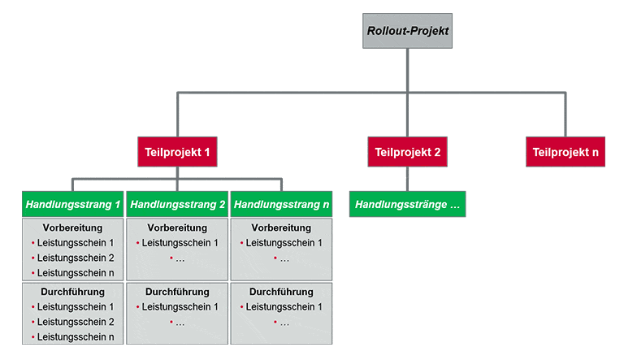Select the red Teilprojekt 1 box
point(178,151)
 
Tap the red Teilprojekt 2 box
point(407,151)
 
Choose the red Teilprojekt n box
point(565,151)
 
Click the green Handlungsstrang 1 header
point(73,205)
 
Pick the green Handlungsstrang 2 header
point(177,205)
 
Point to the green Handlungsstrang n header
point(281,205)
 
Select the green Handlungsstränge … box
point(408,205)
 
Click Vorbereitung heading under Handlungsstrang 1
point(73,228)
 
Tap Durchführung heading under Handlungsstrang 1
point(73,292)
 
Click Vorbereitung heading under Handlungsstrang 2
point(177,228)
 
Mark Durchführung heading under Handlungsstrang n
point(281,292)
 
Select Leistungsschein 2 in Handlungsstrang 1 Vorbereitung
point(76,258)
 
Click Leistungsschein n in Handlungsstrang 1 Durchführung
point(76,336)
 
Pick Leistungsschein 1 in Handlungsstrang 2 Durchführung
point(180,306)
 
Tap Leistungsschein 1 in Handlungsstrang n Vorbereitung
point(284,243)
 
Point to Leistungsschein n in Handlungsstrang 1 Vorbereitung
point(76,273)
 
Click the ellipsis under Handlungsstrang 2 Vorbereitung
point(180,258)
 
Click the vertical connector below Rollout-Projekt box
point(407,72)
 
